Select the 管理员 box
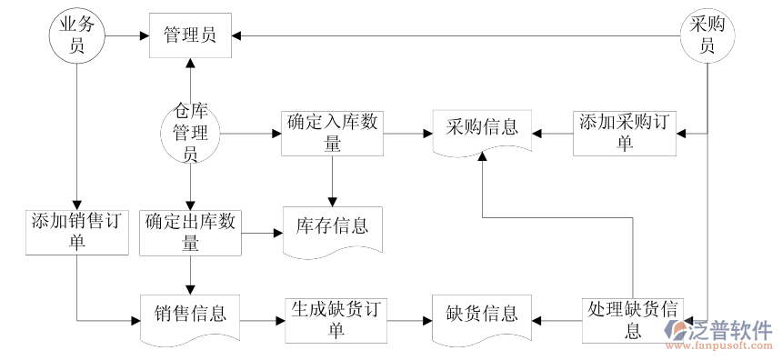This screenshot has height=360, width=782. pos(190,35)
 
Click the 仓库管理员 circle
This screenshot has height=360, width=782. pos(190,134)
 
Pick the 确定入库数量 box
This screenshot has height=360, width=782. pos(332,134)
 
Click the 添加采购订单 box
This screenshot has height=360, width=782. pos(625,134)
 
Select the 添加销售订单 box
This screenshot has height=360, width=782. pos(76,231)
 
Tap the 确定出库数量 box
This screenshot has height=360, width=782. pos(190,231)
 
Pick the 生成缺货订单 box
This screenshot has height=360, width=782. pos(332,320)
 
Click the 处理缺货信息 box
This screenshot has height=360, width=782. pos(633,320)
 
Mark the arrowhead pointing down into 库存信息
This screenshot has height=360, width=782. pos(332,200)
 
